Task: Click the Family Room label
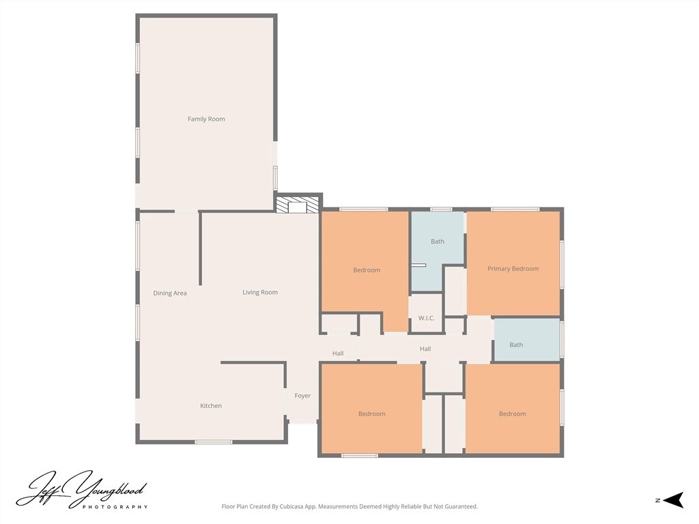[x=206, y=119]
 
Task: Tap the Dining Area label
[x=170, y=293]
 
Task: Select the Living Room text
[x=260, y=292]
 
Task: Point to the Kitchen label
[x=211, y=405]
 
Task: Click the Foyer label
[x=302, y=396]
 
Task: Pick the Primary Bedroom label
[x=513, y=269]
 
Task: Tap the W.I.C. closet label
[x=426, y=318]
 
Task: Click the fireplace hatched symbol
[x=298, y=205]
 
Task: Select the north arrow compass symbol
[x=673, y=500]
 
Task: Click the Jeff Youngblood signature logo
[x=81, y=489]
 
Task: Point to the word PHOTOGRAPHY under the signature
[x=115, y=507]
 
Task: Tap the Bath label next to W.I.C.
[x=438, y=242]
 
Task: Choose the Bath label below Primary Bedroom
[x=516, y=345]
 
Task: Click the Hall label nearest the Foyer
[x=338, y=353]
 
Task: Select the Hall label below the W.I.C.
[x=425, y=349]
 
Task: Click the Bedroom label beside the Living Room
[x=367, y=270]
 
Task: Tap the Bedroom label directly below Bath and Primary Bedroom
[x=512, y=414]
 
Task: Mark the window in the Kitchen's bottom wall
[x=213, y=442]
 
